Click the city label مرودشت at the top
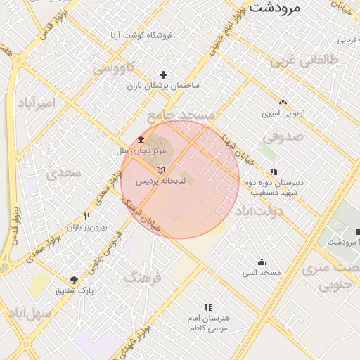275,8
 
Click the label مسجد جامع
180,115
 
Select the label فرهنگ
143,278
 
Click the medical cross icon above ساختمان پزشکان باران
164,74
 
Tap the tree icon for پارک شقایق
75,279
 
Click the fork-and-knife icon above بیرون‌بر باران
86,217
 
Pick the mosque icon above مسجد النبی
262,262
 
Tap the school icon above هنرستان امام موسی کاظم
207,307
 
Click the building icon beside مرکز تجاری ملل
142,139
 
